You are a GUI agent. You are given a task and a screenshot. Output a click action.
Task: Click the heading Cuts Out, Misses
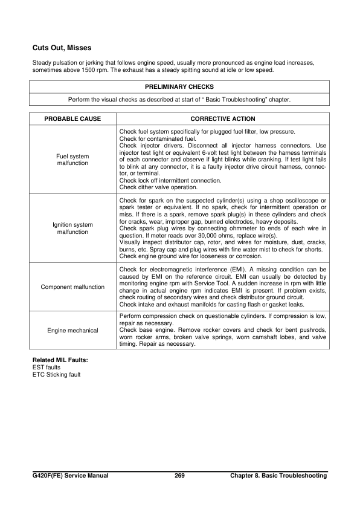(62, 47)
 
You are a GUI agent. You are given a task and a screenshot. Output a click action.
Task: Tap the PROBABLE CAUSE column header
(73, 119)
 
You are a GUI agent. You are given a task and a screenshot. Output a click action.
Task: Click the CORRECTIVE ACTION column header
(223, 119)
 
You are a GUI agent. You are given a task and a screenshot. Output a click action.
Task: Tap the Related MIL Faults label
(60, 360)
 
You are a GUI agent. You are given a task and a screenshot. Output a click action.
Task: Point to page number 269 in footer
(179, 476)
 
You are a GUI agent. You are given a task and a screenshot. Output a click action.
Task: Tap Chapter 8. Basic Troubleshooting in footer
(278, 476)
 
